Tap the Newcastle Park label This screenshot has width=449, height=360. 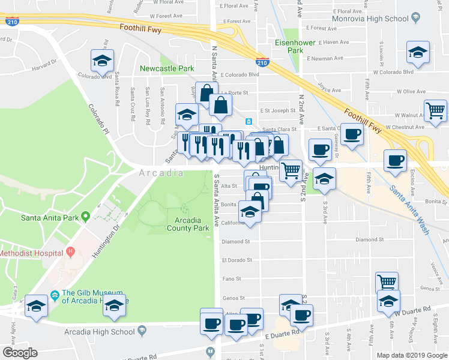pos(167,68)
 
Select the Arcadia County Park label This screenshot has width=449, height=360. pos(188,224)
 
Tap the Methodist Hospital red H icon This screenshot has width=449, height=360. pos(70,251)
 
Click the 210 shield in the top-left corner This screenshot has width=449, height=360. pos(11,22)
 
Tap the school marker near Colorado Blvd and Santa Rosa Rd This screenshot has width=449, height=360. pos(103,60)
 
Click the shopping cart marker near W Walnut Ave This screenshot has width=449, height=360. pos(435,110)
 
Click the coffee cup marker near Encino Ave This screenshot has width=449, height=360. pos(396,161)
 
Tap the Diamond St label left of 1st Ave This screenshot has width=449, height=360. pos(235,242)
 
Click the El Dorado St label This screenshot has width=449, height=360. pos(235,260)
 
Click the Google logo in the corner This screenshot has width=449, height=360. pos(20,353)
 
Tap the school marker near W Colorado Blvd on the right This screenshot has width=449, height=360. pos(418,53)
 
